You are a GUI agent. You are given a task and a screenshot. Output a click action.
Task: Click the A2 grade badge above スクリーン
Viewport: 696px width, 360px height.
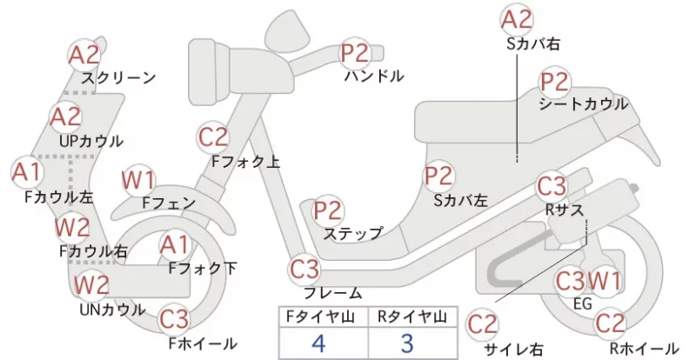[84, 56]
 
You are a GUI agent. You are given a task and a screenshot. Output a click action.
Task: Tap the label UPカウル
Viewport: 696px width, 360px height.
[91, 141]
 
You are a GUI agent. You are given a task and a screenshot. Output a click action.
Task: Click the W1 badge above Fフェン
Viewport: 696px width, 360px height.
[138, 181]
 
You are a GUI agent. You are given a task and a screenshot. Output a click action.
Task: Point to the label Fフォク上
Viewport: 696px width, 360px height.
[246, 162]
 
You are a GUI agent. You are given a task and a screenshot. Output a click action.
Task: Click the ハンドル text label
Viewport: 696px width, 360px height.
[374, 76]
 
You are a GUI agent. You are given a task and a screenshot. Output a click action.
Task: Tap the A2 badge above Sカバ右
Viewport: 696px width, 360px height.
[517, 20]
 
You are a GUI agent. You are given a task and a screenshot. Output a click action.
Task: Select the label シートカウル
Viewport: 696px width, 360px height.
[584, 103]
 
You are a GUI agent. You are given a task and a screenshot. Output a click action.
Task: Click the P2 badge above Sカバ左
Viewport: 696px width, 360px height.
[438, 176]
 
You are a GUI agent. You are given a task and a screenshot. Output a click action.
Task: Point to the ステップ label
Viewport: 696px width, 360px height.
[353, 233]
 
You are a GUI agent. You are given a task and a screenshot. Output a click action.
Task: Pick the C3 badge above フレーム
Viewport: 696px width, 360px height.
[304, 270]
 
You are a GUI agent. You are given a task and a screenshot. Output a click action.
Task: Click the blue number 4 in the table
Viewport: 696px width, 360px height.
[318, 343]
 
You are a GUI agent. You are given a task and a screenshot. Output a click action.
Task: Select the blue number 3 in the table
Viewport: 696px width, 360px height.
[407, 343]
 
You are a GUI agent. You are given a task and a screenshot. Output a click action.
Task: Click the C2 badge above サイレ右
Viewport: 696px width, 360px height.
[483, 324]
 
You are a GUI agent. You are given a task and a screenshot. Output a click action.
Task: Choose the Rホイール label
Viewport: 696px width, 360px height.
[644, 348]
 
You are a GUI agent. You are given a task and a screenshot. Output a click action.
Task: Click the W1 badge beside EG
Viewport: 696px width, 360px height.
[604, 281]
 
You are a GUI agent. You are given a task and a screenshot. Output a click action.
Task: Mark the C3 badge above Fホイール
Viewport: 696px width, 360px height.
[174, 319]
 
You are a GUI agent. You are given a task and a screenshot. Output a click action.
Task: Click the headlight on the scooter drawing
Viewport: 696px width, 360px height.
[209, 71]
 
